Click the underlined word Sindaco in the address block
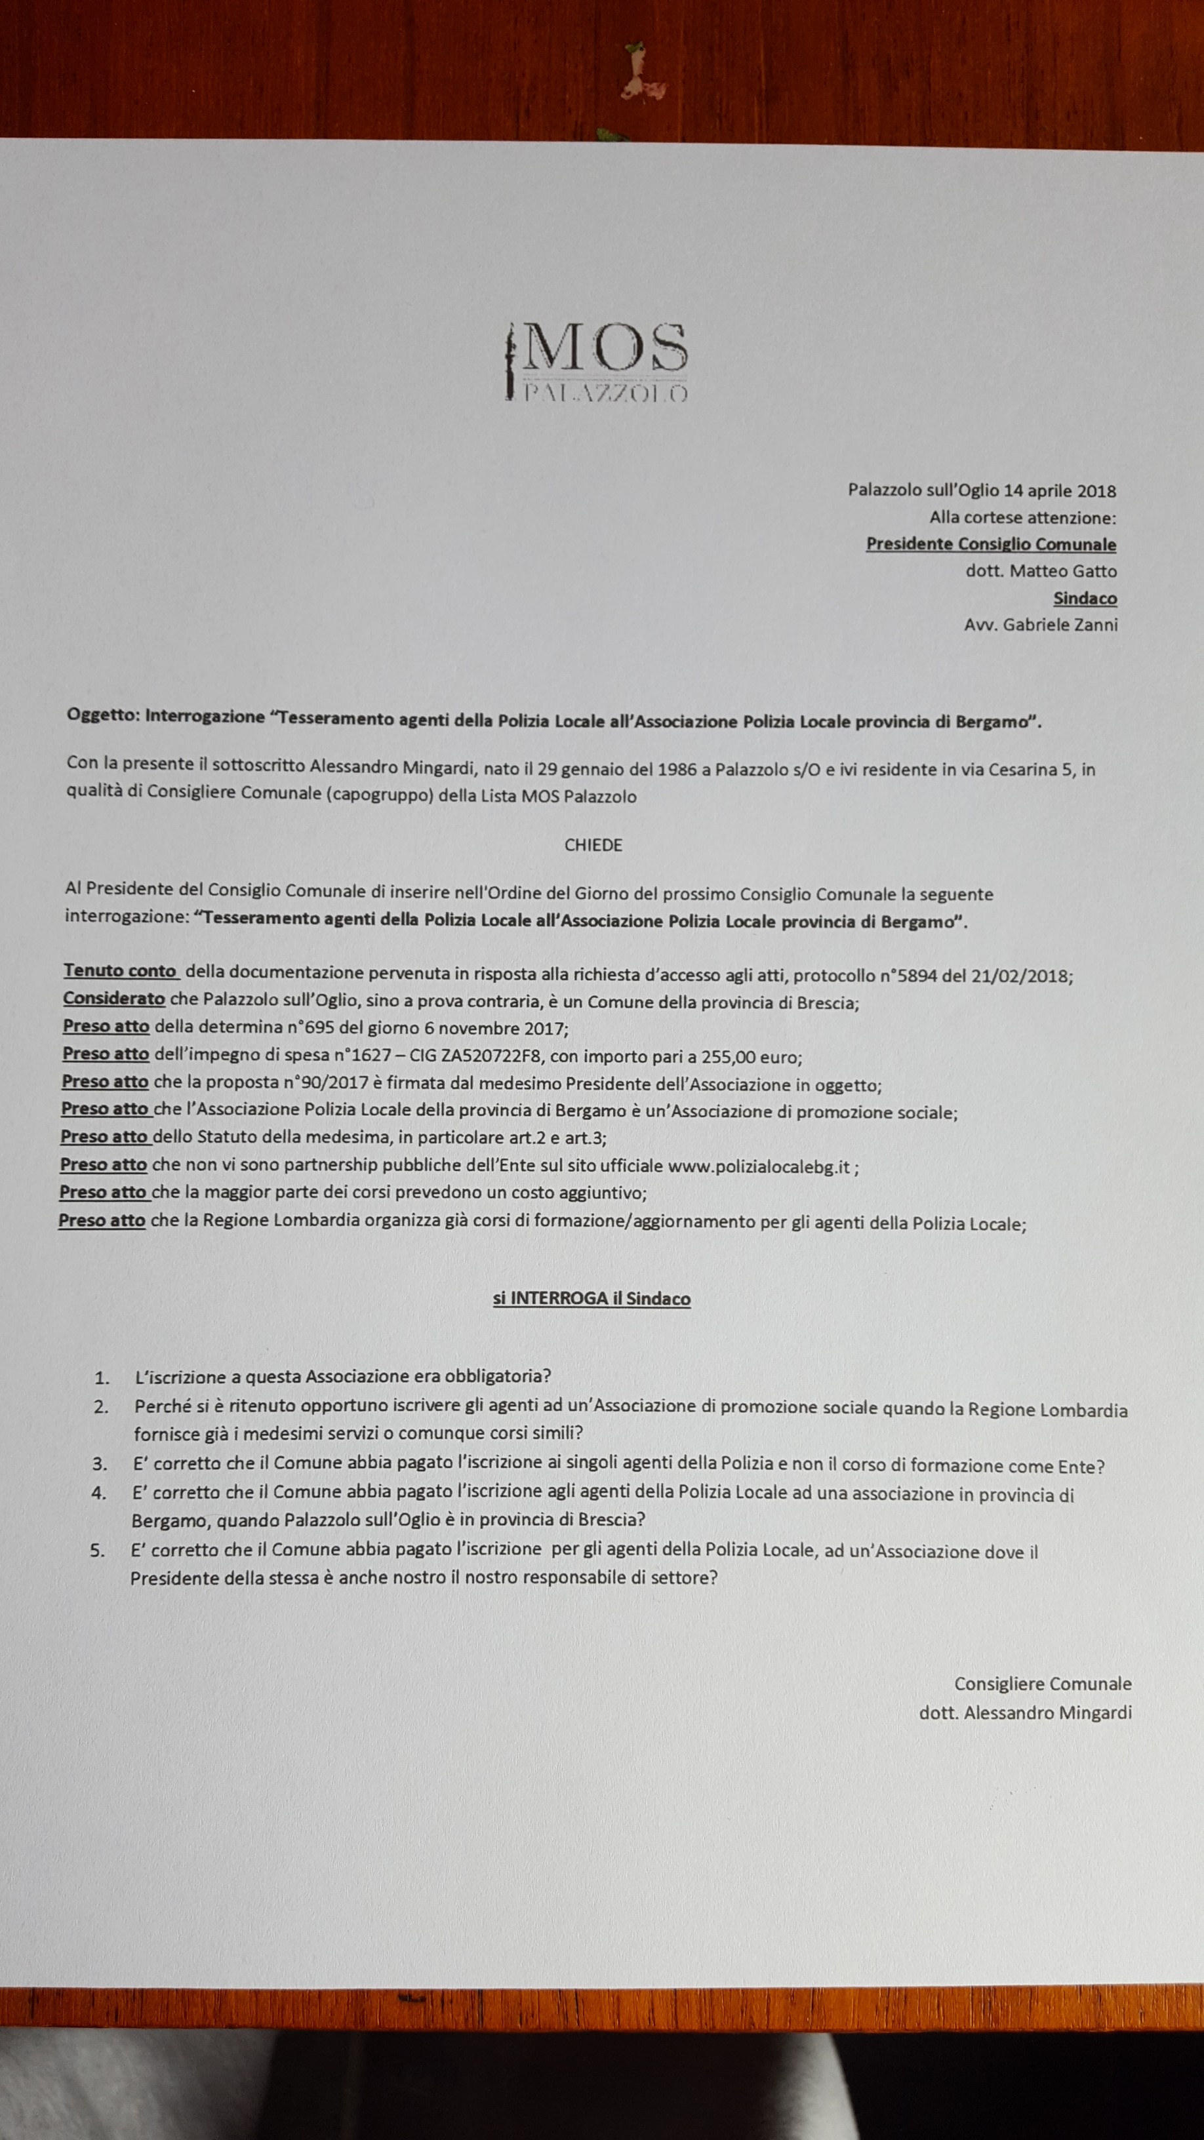(1085, 598)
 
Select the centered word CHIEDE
(593, 845)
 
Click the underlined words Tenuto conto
(121, 971)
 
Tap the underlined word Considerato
(114, 999)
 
